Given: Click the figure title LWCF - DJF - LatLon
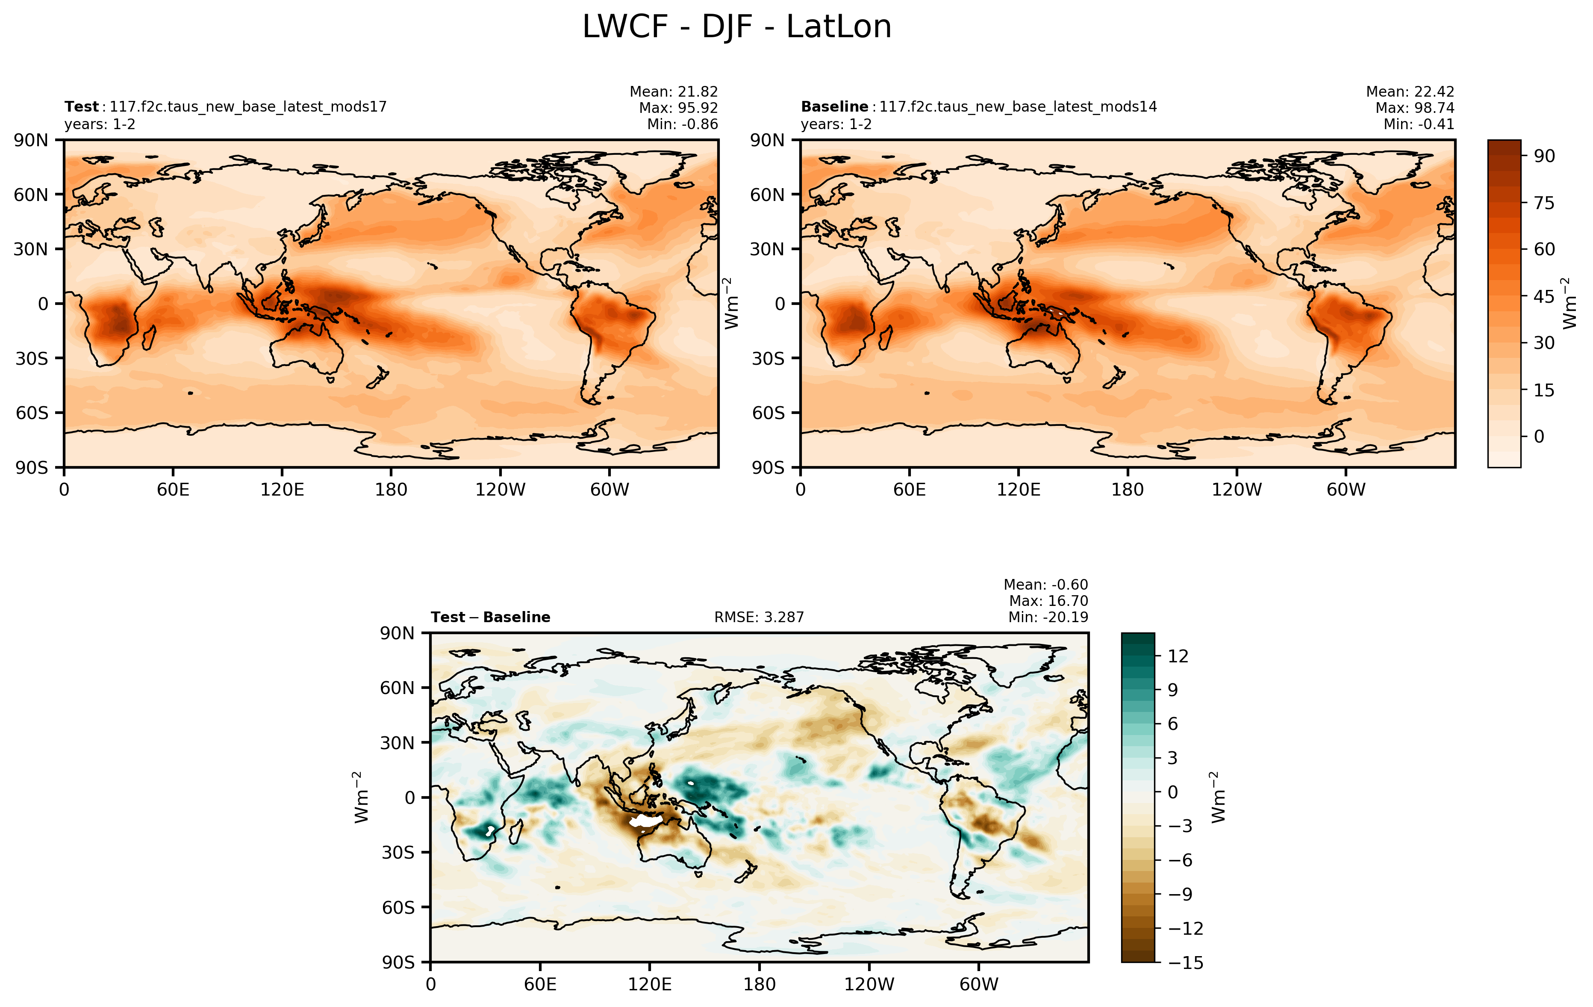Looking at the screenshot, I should tap(736, 27).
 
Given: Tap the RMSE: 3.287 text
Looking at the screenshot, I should tap(759, 617).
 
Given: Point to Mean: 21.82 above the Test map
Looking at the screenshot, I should tap(674, 92).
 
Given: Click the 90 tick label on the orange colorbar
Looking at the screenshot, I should tap(1544, 156).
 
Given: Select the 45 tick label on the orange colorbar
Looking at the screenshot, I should tap(1544, 296).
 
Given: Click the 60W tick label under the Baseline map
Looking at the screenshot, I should tap(1346, 490).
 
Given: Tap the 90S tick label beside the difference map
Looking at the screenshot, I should tap(398, 963).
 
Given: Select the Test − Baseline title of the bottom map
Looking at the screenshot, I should tap(490, 617).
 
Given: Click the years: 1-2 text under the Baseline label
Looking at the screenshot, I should tap(836, 124).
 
